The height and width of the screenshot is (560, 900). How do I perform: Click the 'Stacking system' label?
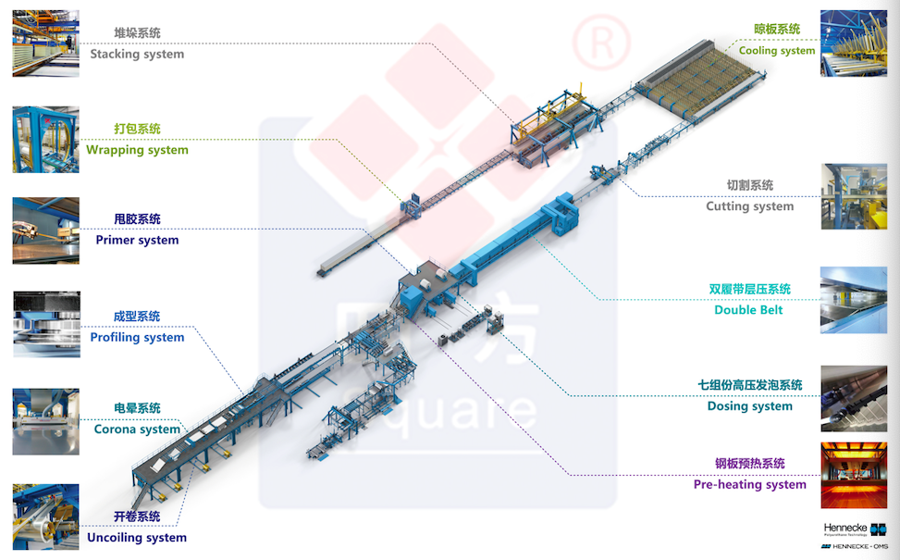[x=137, y=54]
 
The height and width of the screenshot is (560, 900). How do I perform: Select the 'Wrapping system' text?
[x=137, y=150]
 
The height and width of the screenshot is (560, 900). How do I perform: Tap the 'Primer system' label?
[x=137, y=240]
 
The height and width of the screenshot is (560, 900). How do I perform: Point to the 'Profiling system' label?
[x=137, y=337]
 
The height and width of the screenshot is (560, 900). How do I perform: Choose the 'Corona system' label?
[x=137, y=429]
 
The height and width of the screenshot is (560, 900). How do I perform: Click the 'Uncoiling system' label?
[x=137, y=537]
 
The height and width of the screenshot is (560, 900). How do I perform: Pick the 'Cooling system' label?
[x=777, y=51]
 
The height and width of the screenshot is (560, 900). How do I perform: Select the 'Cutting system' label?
[x=749, y=206]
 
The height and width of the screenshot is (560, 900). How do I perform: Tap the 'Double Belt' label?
[x=748, y=310]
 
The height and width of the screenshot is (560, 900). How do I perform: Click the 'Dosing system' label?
[x=749, y=406]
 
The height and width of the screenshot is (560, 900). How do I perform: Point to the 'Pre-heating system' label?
[x=749, y=484]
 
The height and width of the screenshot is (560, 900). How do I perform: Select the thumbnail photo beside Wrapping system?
[x=46, y=140]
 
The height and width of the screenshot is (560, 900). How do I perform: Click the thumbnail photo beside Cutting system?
[x=854, y=196]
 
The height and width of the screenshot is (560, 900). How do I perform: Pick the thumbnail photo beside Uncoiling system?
[x=46, y=517]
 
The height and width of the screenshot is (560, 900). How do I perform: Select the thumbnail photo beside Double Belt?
[x=854, y=300]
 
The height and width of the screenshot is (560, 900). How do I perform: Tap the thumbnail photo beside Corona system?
[x=46, y=422]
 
